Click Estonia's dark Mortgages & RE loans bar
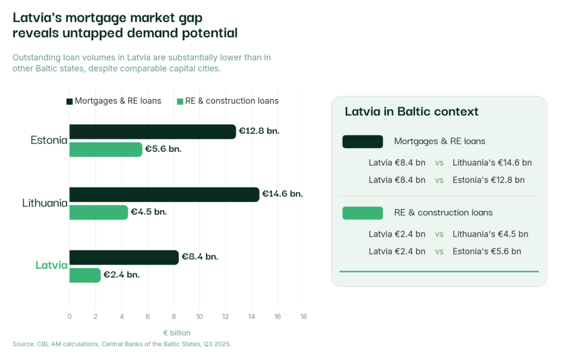pyautogui.click(x=152, y=132)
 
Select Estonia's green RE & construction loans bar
pyautogui.click(x=105, y=149)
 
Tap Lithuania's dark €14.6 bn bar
pyautogui.click(x=164, y=194)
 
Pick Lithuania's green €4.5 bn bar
pyautogui.click(x=98, y=212)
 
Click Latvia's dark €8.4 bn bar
pyautogui.click(x=124, y=257)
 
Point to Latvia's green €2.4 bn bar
pyautogui.click(x=85, y=275)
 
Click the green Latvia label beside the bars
pyautogui.click(x=51, y=265)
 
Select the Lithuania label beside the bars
pyautogui.click(x=45, y=203)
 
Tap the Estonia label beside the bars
pyautogui.click(x=49, y=140)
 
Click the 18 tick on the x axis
pyautogui.click(x=303, y=317)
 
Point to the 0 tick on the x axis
pyautogui.click(x=69, y=317)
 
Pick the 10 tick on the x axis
pyautogui.click(x=199, y=317)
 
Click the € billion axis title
pyautogui.click(x=177, y=333)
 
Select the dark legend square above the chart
pyautogui.click(x=69, y=101)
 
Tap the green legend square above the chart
pyautogui.click(x=180, y=101)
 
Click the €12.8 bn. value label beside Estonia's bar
pyautogui.click(x=259, y=132)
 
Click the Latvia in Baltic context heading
pyautogui.click(x=411, y=112)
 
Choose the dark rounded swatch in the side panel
pyautogui.click(x=362, y=141)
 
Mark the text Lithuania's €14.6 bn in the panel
pyautogui.click(x=492, y=163)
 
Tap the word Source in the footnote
pyautogui.click(x=24, y=344)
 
